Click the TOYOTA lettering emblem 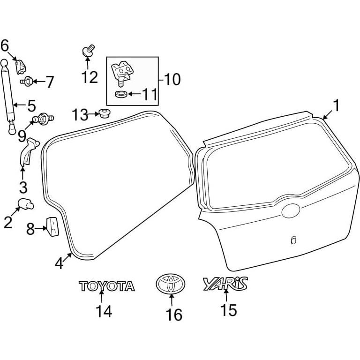tap(107, 286)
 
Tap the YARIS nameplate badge tap(225, 284)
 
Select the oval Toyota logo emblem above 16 tap(171, 283)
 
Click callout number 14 tap(104, 311)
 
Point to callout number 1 tap(336, 105)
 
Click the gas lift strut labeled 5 tap(9, 97)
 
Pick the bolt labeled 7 tap(27, 81)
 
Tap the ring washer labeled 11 tap(121, 94)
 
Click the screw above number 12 tap(88, 51)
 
